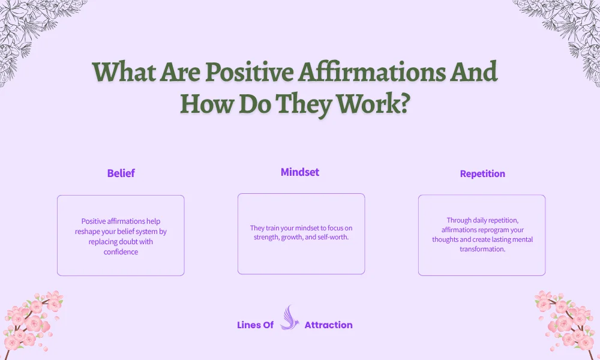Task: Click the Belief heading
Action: click(x=121, y=173)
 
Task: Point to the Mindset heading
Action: click(x=300, y=172)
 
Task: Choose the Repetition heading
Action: click(x=482, y=174)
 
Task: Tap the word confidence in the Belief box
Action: click(x=121, y=252)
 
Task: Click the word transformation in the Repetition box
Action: click(x=482, y=250)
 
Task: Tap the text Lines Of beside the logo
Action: click(x=256, y=325)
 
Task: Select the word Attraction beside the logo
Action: click(x=328, y=325)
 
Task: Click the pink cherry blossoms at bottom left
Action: click(x=33, y=321)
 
